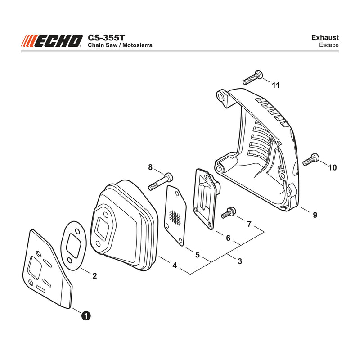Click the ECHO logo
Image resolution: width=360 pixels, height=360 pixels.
[52, 41]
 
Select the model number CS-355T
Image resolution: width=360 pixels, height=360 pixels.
[106, 38]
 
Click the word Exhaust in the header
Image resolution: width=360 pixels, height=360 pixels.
[325, 38]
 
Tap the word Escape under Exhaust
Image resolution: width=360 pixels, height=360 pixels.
[329, 45]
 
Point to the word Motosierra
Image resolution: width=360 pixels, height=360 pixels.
[137, 45]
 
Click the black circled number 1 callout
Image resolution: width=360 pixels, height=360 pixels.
[86, 316]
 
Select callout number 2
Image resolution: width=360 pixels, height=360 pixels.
[94, 276]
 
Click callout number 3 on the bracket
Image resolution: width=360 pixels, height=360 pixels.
[240, 261]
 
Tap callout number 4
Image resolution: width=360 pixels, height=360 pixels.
[175, 265]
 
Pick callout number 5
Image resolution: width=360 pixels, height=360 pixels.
[198, 255]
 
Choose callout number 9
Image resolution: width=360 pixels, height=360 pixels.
[315, 215]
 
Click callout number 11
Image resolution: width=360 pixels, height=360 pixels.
[276, 85]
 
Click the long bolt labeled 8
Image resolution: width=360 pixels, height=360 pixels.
[161, 181]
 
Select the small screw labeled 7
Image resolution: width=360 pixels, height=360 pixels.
[229, 212]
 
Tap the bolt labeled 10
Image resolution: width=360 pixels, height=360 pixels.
[311, 160]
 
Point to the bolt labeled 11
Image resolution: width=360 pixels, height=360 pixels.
[252, 77]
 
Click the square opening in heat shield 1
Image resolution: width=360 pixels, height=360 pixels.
[35, 268]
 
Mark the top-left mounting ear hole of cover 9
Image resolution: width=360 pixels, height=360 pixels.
[221, 96]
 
